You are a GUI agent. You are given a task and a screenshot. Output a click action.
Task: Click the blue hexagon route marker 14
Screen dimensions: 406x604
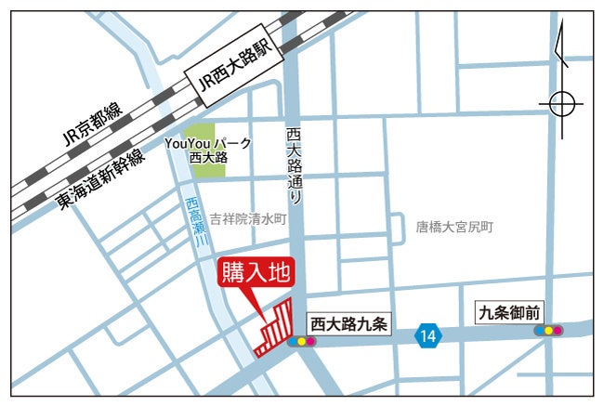coord(427,335)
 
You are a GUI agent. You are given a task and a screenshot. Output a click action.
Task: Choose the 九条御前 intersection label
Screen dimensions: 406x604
coord(507,312)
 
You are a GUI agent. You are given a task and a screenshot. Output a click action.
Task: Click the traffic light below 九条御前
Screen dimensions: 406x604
coord(549,330)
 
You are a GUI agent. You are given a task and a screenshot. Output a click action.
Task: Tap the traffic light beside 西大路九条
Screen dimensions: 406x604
coord(302,342)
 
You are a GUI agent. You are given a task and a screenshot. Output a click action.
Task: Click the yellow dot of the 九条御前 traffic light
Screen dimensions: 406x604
coord(549,330)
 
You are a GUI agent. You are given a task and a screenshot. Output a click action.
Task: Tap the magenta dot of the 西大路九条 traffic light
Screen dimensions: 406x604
coord(311,342)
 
